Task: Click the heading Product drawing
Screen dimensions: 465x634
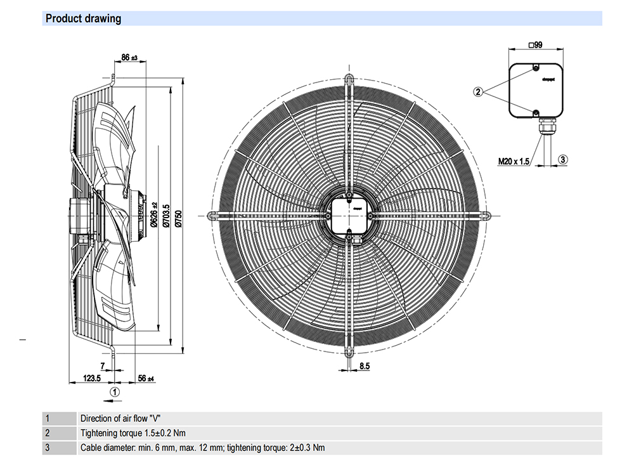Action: coord(83,18)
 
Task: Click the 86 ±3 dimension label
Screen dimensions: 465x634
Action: coord(129,58)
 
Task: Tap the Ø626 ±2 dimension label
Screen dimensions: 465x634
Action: coord(153,216)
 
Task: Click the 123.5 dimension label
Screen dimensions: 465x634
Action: coord(93,378)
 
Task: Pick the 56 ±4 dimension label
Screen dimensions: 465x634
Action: coord(146,378)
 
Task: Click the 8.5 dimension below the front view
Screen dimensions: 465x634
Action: coord(365,366)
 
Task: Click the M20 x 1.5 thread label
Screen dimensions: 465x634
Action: coord(513,161)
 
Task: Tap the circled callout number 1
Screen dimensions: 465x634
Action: coord(115,393)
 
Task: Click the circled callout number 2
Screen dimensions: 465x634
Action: coord(479,91)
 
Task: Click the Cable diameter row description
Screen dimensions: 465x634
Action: coord(202,448)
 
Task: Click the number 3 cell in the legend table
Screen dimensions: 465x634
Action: coord(47,448)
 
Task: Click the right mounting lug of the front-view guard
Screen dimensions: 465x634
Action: coord(485,215)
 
